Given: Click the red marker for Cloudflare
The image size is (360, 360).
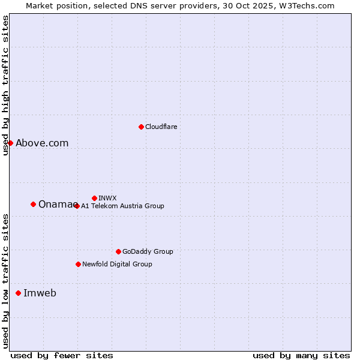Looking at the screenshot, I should tap(141, 127).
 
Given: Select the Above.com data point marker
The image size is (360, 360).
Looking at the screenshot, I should tap(10, 143).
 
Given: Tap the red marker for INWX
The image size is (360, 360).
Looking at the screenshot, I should tap(94, 198).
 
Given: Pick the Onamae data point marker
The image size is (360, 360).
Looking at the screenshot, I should tap(33, 204).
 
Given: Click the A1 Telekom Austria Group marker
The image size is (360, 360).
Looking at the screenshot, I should tap(77, 206).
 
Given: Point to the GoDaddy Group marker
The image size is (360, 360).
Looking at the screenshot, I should tap(118, 251).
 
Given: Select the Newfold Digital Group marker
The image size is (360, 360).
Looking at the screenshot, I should tap(78, 264).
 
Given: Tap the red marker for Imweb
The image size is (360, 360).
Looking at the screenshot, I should tap(18, 293).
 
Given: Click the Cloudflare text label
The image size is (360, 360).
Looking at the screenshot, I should tap(161, 127).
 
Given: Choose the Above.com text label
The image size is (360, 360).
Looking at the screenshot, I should tap(42, 143).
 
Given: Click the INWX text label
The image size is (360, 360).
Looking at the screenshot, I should tap(107, 198).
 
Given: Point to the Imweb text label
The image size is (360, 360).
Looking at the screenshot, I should tap(40, 293).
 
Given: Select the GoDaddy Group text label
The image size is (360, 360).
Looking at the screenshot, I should tap(148, 251).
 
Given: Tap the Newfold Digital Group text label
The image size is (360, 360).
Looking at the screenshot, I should tap(117, 264).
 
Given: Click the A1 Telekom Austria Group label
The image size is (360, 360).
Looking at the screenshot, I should tap(122, 206).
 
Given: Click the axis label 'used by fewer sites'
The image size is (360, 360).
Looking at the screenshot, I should tap(62, 355).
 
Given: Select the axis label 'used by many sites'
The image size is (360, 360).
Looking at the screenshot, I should tap(301, 355).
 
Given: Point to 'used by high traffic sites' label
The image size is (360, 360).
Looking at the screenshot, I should tap(5, 85).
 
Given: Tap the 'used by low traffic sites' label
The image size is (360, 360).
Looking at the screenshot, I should tap(5, 281).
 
